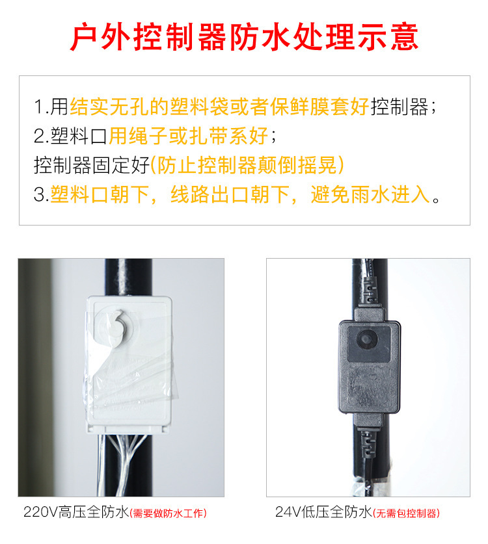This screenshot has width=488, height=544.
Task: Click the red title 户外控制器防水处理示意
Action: pos(244,37)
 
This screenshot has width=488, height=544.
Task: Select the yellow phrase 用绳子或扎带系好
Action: pos(188,136)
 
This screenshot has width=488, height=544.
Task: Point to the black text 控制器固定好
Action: pos(91,165)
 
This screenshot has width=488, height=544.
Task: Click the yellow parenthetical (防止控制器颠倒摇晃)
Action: pos(247,165)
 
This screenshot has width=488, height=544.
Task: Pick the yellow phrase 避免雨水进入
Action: pos(370,194)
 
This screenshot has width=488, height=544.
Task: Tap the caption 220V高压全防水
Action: pos(76,512)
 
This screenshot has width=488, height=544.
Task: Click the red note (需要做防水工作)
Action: pos(169,513)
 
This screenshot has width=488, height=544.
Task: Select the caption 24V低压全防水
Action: pos(323,512)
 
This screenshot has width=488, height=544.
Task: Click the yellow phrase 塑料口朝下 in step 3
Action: pos(101,194)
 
